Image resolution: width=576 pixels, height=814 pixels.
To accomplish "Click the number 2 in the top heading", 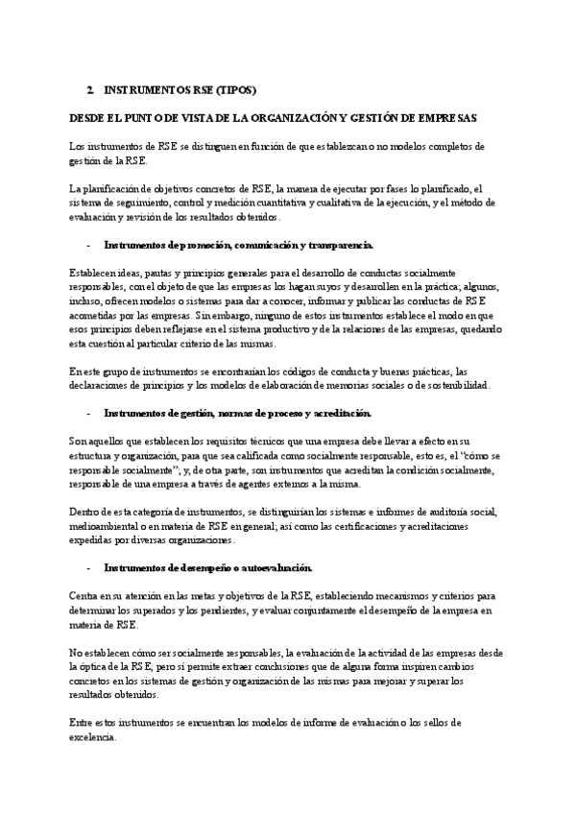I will click(x=88, y=90).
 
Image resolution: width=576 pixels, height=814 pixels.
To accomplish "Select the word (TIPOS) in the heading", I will click(x=231, y=90).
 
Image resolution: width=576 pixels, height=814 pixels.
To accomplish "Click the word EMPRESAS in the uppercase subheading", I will click(x=443, y=117).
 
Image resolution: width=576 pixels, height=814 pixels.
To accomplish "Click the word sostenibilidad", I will click(x=454, y=385).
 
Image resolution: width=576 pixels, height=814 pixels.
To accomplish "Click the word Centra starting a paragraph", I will click(x=84, y=595).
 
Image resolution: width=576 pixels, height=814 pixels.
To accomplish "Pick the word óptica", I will click(x=97, y=665).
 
